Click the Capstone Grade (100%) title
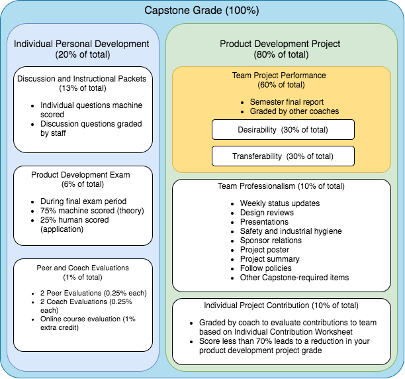tap(201, 11)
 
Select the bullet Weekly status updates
tap(280, 203)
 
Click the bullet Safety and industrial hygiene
tap(291, 231)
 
